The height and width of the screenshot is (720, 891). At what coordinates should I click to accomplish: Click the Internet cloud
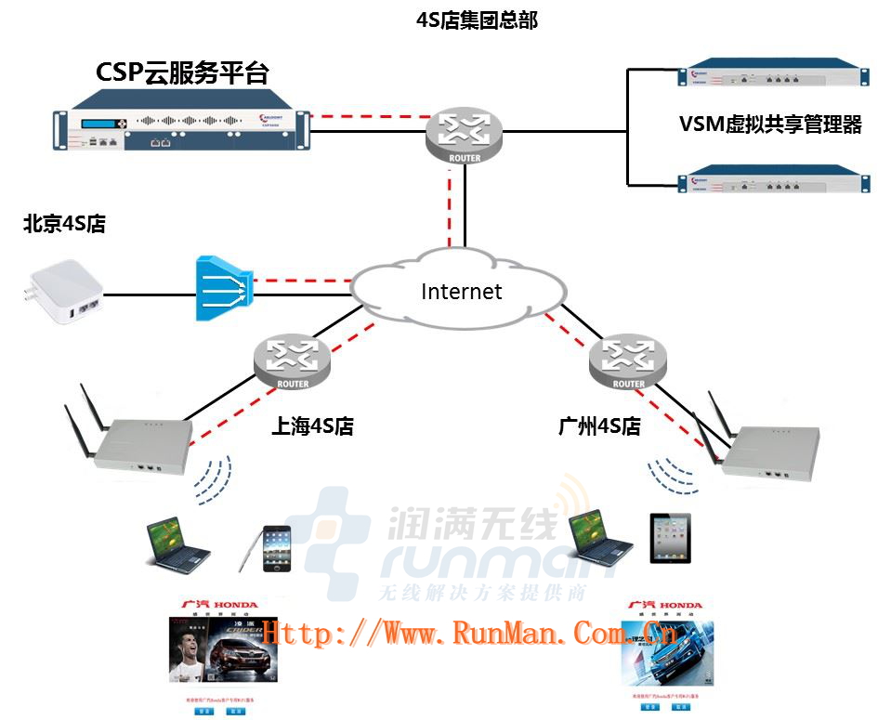point(461,290)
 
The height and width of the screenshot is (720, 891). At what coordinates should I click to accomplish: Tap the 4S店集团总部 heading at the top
point(477,20)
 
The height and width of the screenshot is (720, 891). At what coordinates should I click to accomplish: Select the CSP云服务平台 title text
point(182,73)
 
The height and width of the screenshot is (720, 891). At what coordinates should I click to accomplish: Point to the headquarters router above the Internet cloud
point(465,135)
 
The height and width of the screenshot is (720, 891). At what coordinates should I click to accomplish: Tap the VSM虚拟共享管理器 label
point(770,124)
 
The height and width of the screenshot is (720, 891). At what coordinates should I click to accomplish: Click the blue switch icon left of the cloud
point(224,288)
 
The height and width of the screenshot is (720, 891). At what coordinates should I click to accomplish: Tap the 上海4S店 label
point(312,426)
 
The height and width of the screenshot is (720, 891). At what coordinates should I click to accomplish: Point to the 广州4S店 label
point(600,426)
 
